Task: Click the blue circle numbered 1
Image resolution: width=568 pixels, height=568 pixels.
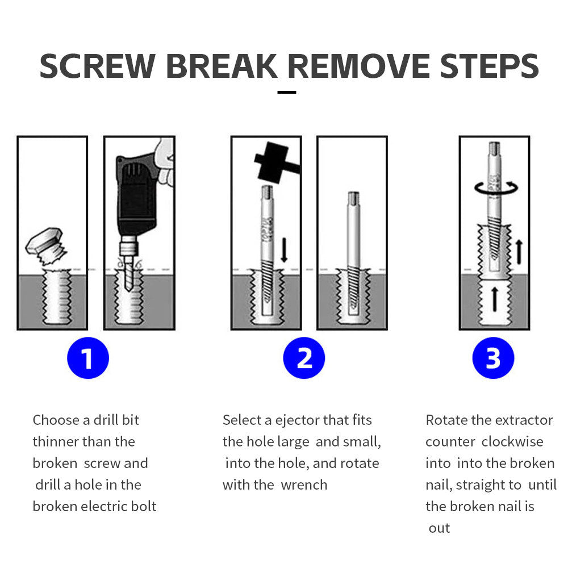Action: (87, 358)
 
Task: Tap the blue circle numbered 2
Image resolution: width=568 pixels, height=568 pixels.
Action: (304, 358)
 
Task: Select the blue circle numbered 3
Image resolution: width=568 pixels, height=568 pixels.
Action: (493, 358)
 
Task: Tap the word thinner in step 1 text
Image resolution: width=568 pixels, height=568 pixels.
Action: (56, 441)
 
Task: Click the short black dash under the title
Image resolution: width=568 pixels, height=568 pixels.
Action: (287, 91)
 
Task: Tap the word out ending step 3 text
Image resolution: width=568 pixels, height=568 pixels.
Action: (439, 528)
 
